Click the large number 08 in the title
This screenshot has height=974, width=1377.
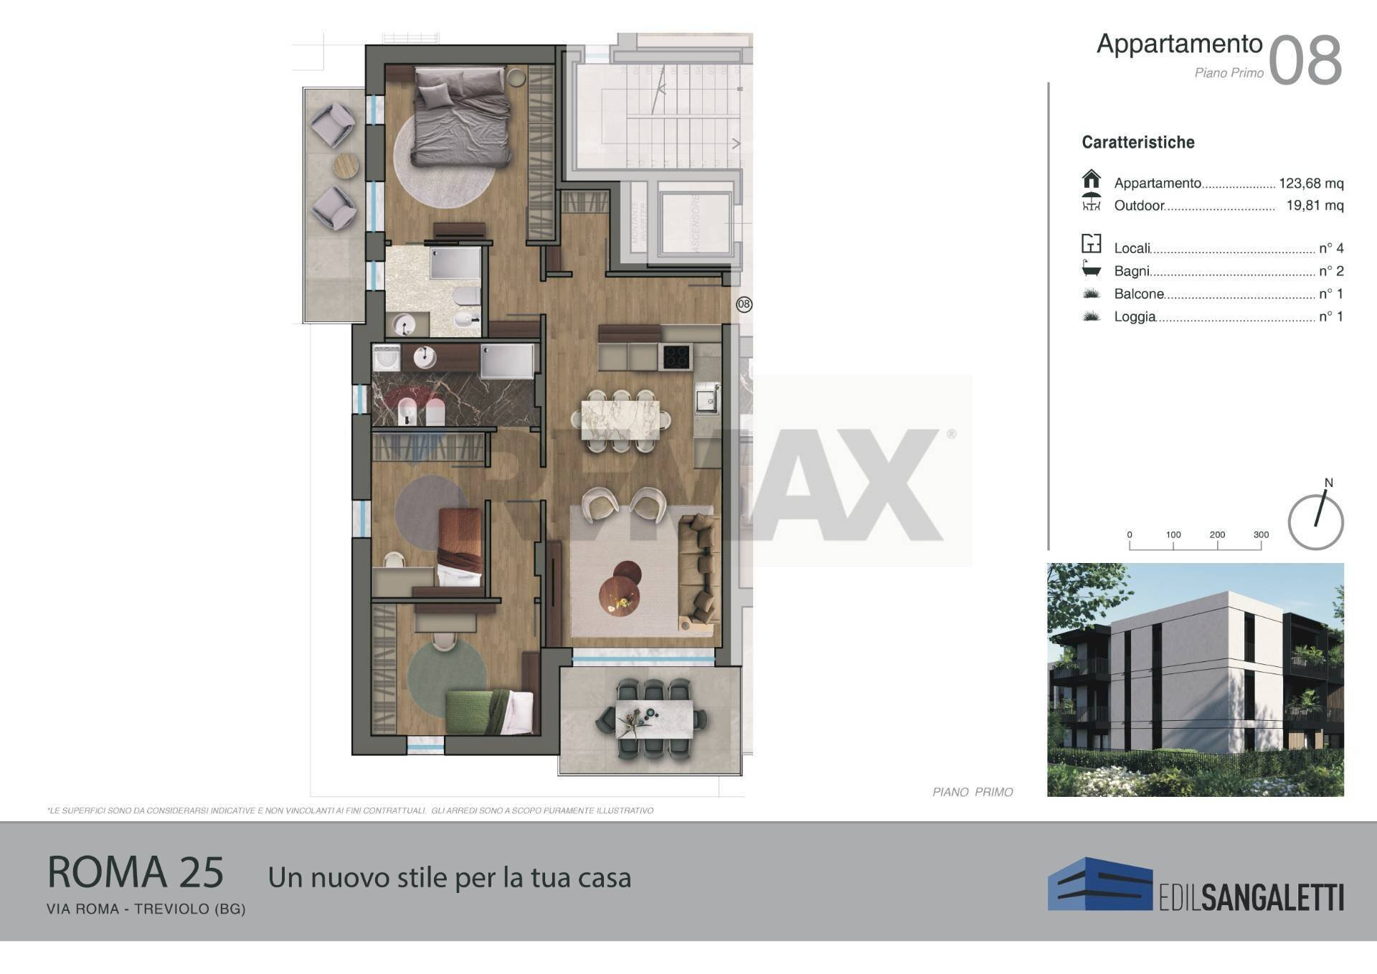pos(1305,61)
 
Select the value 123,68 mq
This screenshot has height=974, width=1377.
pos(1310,184)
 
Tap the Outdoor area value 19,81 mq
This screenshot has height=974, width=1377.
pos(1314,206)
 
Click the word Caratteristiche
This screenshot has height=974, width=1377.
pos(1137,142)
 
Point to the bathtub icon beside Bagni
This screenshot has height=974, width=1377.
pos(1091,269)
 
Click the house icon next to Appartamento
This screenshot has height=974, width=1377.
pos(1091,179)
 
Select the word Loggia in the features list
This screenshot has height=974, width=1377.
pos(1135,316)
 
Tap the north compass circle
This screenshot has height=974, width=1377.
pos(1315,521)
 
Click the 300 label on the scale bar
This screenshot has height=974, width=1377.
pos(1261,534)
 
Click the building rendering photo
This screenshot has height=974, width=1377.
pos(1195,679)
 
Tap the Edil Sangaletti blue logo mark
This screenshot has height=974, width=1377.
pos(1099,884)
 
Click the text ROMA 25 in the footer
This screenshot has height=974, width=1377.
pos(136,872)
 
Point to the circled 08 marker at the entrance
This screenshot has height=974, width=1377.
pos(744,304)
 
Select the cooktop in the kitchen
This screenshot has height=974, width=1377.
pos(675,356)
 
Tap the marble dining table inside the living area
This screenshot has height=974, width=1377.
pos(620,420)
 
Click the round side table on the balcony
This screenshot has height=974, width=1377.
pos(346,166)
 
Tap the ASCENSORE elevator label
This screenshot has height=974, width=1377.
pos(695,222)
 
